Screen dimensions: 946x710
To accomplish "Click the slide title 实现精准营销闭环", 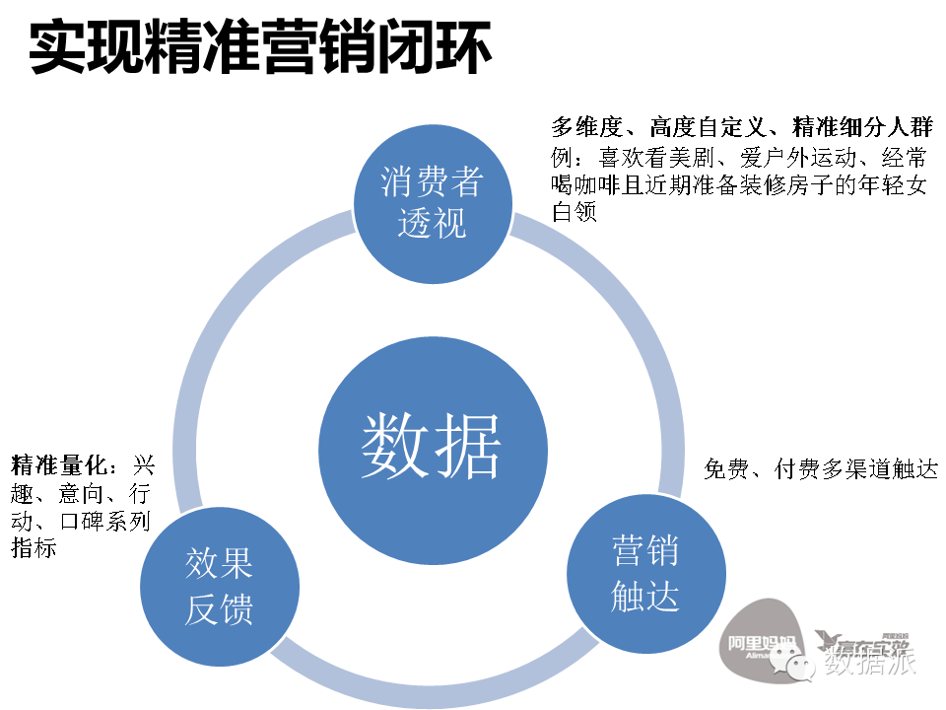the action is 259,46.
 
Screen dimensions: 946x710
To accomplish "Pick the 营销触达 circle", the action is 644,575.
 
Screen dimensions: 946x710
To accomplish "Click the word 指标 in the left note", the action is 34,548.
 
